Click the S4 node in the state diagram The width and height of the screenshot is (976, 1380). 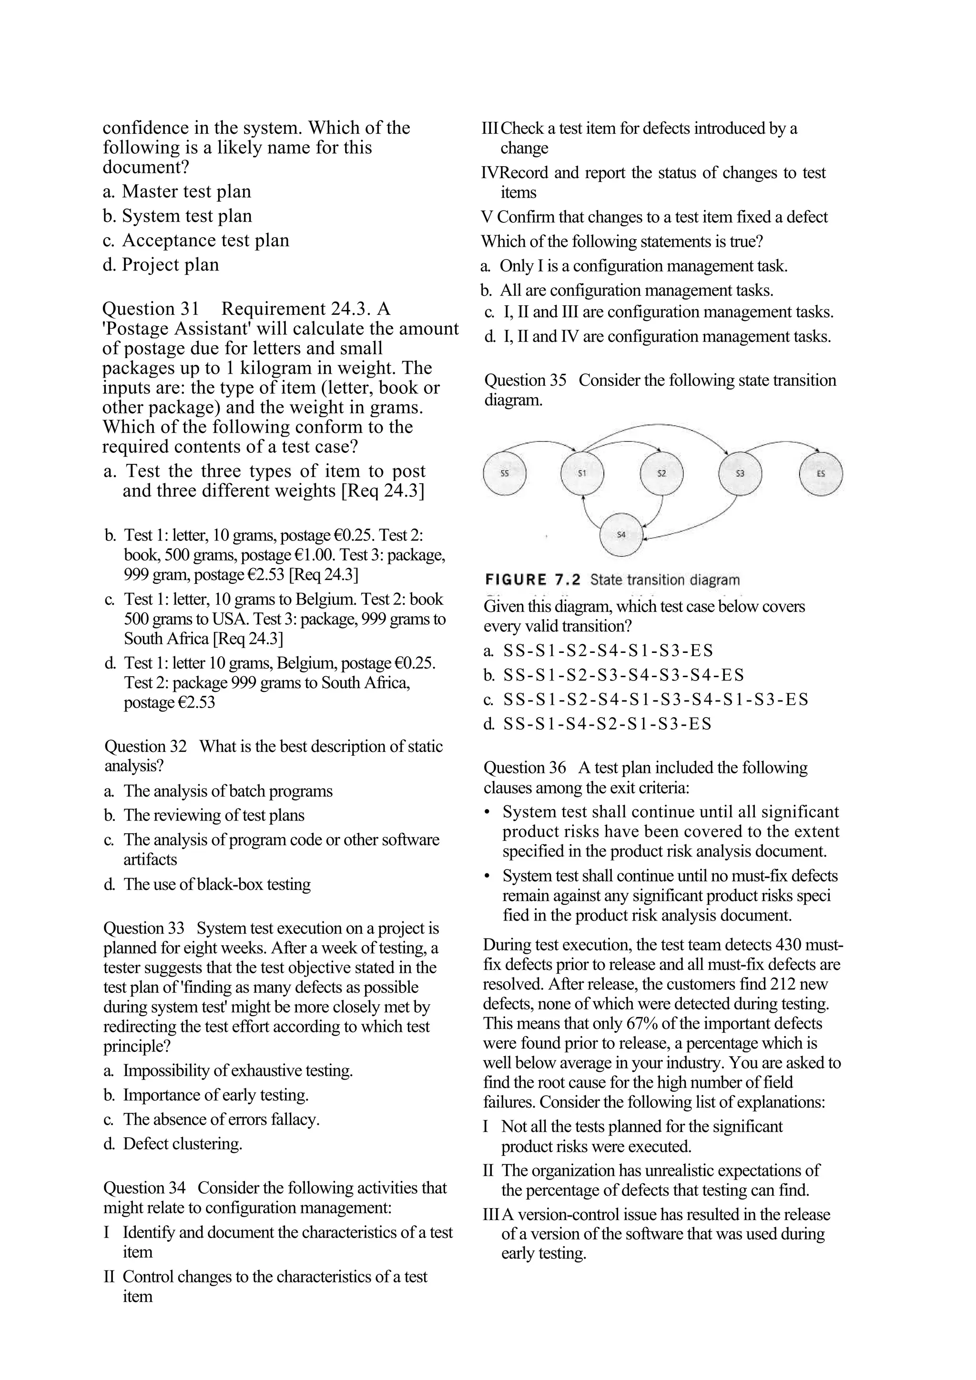[x=621, y=534]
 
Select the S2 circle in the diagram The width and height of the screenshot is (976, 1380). [x=661, y=473]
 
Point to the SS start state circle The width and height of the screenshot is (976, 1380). [x=505, y=473]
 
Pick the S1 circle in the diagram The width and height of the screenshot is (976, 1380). [x=581, y=473]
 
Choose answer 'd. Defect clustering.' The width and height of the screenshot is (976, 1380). [x=173, y=1144]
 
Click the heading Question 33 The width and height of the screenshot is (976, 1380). [x=144, y=929]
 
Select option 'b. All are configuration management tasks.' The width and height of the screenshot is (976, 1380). [x=627, y=291]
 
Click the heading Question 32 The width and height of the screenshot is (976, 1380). [x=145, y=747]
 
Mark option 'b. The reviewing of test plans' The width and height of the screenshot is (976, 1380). [x=204, y=816]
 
